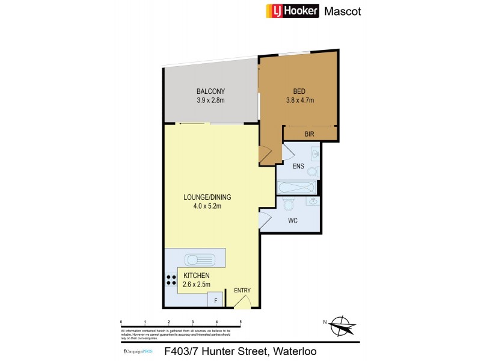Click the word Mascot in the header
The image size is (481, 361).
(343, 11)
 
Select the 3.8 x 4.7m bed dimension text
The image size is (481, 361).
(300, 100)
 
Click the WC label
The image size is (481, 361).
(293, 221)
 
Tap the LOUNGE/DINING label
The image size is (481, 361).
(207, 197)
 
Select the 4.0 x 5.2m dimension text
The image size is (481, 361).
(207, 206)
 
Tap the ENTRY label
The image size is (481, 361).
(242, 291)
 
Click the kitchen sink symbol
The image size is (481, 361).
(201, 260)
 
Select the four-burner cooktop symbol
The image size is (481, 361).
(171, 280)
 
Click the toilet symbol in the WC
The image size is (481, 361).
(287, 205)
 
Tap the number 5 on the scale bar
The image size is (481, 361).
(240, 322)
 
